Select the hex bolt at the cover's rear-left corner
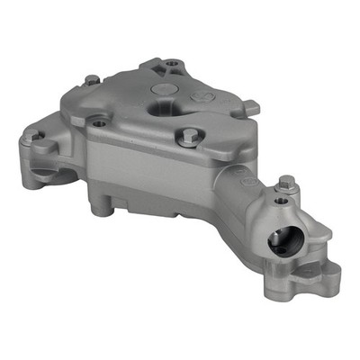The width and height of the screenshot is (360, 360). click(92, 80)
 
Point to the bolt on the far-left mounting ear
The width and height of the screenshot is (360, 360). click(37, 136)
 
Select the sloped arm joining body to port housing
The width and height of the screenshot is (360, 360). click(229, 198)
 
